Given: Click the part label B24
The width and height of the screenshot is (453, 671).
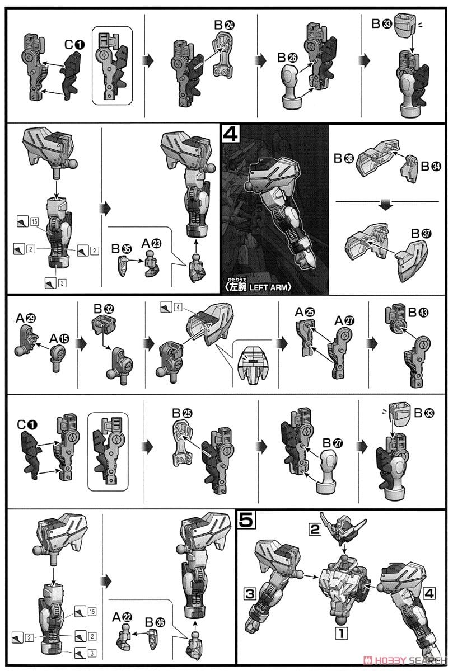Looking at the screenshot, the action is point(225,25).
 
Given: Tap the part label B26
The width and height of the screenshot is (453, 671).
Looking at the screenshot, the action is point(287,57).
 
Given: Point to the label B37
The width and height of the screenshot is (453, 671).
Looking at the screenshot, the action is point(421,233).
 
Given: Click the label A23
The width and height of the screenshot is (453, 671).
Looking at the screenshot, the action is point(151,244).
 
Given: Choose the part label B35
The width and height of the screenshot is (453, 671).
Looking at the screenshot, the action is point(121,249).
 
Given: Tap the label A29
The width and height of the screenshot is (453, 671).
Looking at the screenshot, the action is point(26,318).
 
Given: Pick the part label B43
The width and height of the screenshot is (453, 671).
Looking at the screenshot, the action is point(418,313).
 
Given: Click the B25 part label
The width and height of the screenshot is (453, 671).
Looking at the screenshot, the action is point(182,413).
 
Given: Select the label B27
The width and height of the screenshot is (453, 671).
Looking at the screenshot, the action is point(333,443).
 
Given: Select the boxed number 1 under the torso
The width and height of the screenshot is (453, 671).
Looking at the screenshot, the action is point(341,633).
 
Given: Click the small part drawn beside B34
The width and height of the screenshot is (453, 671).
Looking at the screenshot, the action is point(409,168).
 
